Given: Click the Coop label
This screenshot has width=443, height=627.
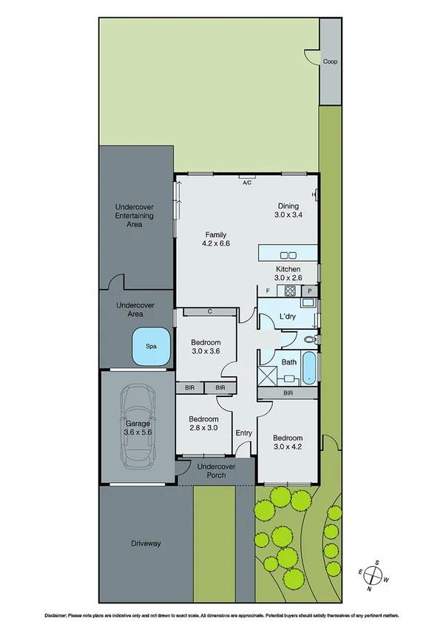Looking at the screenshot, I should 330,61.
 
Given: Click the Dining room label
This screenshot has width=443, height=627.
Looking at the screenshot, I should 288,206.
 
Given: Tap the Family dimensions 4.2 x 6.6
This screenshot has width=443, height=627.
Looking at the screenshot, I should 216,243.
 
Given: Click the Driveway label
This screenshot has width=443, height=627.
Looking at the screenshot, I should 145,543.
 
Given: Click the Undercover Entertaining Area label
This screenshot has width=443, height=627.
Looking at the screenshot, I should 134,215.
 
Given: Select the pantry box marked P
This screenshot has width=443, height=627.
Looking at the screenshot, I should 310,291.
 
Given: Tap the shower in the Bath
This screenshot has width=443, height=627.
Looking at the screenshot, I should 267,376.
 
